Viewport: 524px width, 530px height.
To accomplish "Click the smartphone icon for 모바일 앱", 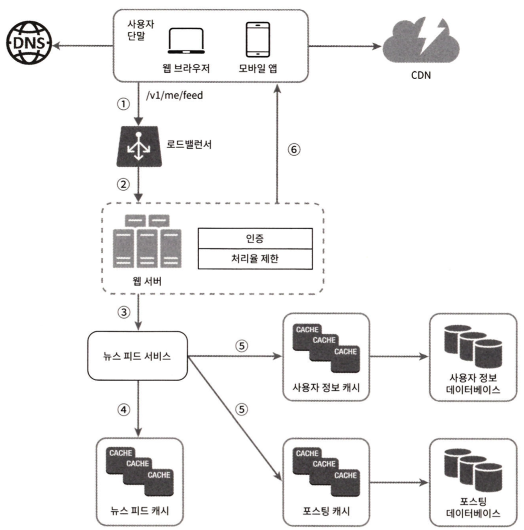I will click(258, 40).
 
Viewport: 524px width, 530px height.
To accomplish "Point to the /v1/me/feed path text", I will click(175, 95).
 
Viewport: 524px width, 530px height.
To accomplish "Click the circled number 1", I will click(123, 104).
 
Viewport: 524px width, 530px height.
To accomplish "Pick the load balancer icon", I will click(139, 146).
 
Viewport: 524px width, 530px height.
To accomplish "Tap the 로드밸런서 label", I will click(189, 144).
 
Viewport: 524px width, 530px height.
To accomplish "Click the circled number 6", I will click(294, 150).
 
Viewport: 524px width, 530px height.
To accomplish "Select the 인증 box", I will click(255, 238).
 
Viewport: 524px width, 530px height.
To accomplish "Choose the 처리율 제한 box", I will click(255, 259).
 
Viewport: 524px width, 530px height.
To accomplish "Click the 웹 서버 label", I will click(147, 281).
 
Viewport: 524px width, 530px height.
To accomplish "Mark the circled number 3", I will click(124, 312).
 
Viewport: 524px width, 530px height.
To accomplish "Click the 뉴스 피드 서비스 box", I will click(137, 356).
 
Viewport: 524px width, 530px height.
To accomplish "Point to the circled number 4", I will click(124, 409).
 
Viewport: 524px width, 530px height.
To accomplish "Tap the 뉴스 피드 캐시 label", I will click(139, 510).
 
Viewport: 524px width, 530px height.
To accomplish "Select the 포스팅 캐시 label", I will click(326, 511).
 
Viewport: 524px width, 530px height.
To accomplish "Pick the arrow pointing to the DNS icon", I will click(82, 46).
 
